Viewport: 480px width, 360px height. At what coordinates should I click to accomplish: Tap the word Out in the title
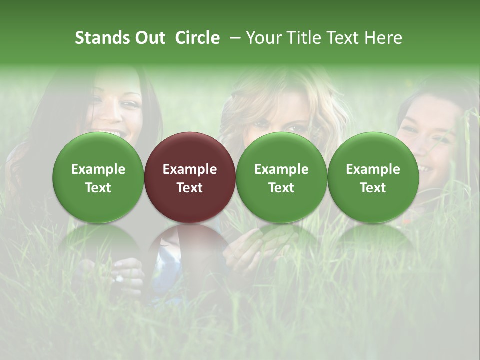coord(149,38)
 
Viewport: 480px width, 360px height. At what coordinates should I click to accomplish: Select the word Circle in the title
coord(197,38)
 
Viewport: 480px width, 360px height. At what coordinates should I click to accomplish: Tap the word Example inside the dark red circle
coord(190,169)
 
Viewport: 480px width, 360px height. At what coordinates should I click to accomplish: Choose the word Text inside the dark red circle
coord(190,188)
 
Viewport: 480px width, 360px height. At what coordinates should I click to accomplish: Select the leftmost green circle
coord(98,177)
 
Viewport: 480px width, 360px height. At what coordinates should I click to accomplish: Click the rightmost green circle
coord(373,177)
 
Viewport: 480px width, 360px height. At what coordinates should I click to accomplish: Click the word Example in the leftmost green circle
coord(98,169)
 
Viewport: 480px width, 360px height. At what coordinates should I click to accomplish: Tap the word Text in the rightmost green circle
coord(373,188)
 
